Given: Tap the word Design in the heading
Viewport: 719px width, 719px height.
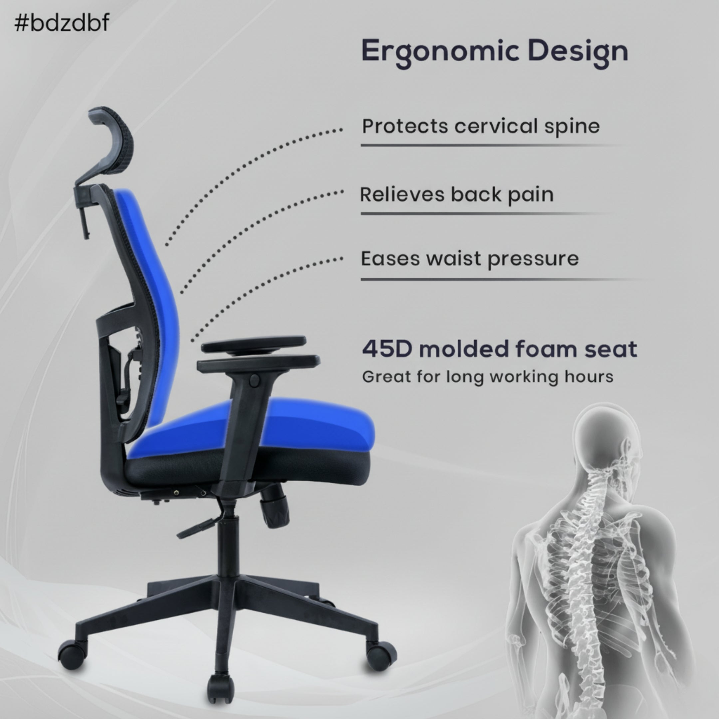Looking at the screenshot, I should pos(578,51).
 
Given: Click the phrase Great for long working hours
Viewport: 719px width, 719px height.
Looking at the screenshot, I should pos(488,376).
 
